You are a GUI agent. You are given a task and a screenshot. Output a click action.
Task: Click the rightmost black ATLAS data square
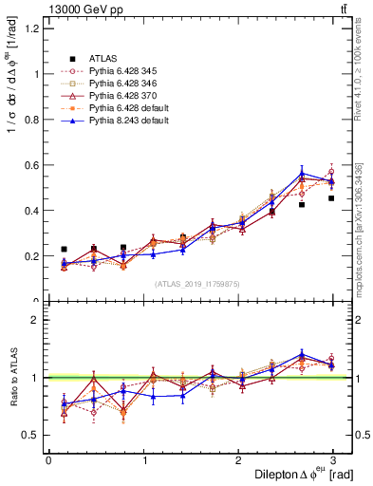point(331,198)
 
